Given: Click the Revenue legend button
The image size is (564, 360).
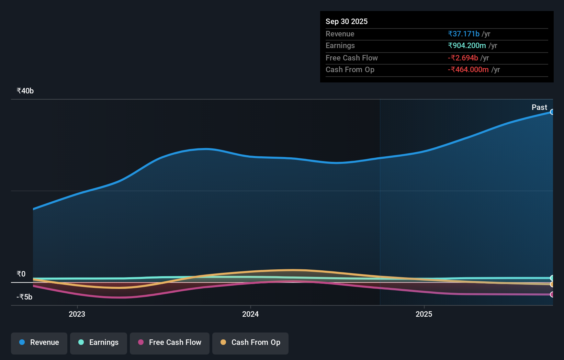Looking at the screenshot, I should point(39,343).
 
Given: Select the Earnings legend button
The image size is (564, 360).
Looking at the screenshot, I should point(98,343).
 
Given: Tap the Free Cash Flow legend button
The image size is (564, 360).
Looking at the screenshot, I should point(169,343).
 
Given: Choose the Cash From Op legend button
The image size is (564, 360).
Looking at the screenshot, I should point(250,343).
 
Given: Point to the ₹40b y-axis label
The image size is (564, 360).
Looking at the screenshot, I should point(25,91).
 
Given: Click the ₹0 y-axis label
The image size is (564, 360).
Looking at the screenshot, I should point(21,274).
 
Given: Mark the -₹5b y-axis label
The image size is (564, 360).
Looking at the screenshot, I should point(24,297).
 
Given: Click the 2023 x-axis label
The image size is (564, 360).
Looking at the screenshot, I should point(77,314).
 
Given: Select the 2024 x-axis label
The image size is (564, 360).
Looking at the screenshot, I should point(250,314).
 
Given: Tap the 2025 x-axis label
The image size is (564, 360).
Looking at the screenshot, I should point(424,314).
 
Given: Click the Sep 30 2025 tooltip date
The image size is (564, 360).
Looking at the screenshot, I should point(347,22).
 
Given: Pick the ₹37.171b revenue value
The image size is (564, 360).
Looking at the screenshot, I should point(463,34).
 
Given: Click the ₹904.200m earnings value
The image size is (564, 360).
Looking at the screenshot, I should point(467,46).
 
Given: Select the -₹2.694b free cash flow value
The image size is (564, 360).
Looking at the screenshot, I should point(463,58).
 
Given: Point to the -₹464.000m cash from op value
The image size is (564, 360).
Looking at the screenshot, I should point(468,70).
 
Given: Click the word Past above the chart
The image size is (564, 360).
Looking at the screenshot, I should point(539,108).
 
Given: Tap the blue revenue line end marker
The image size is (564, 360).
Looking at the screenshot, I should point(552,112).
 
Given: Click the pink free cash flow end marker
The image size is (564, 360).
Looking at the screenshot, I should point(552,294).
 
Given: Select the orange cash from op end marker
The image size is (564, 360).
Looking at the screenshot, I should point(552,284).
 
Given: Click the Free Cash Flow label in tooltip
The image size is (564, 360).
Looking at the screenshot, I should point(351,58).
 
